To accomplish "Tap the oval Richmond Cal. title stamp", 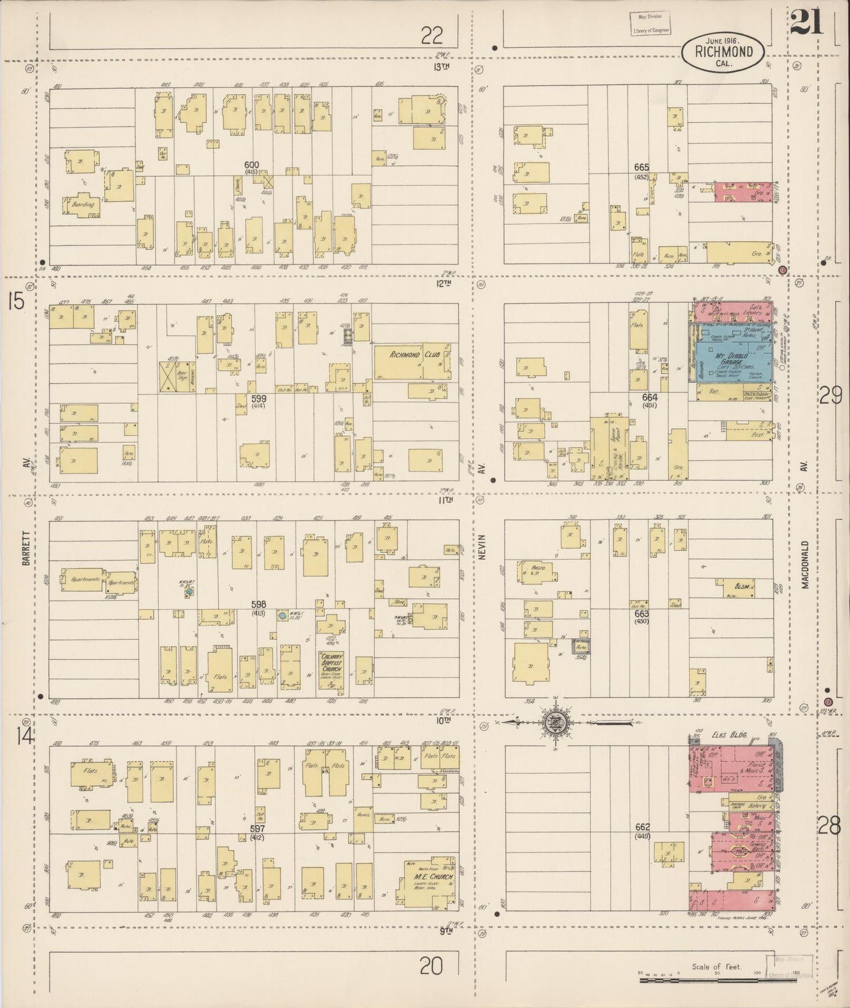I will pyautogui.click(x=724, y=52).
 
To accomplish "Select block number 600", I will pyautogui.click(x=252, y=165).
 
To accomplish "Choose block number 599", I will pyautogui.click(x=259, y=398).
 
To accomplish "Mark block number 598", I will pyautogui.click(x=258, y=604).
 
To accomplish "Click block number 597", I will pyautogui.click(x=257, y=828).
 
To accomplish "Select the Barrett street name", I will pyautogui.click(x=26, y=546).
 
